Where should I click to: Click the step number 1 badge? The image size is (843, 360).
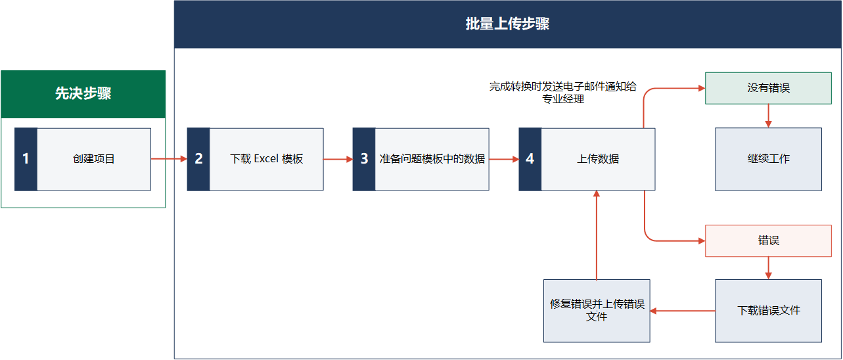26,159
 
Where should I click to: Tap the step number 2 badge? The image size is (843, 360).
198,159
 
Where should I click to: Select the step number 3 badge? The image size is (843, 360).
364,159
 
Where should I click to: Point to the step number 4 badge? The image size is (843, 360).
530,159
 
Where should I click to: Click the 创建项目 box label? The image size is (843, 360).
94,159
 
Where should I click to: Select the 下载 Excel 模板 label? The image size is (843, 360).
267,159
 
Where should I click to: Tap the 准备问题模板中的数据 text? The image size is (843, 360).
432,159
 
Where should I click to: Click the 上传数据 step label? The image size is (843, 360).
598,159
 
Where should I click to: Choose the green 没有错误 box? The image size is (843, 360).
768,88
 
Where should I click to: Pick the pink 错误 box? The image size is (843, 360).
768,240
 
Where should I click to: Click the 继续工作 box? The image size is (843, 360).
768,159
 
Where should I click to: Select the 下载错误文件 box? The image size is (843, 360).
768,311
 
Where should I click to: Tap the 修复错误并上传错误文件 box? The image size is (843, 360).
597,311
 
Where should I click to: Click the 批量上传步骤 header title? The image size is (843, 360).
507,24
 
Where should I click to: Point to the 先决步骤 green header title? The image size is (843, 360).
83,94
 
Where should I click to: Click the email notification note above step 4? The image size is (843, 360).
563,93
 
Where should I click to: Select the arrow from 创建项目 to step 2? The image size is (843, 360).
169,159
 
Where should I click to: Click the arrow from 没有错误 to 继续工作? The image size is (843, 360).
768,116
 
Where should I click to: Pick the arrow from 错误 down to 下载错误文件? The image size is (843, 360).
768,268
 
